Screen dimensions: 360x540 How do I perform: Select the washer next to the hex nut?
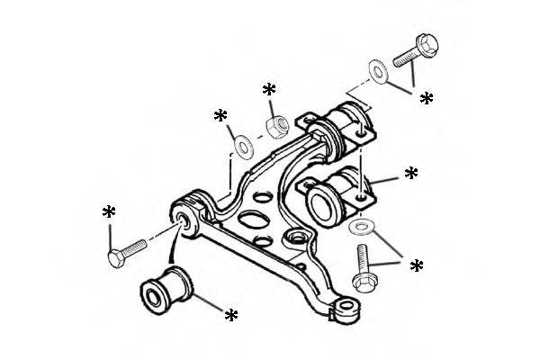pyautogui.click(x=241, y=145)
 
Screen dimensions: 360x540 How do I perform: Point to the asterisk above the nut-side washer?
pyautogui.click(x=221, y=117)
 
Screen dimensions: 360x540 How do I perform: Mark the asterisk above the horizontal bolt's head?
pyautogui.click(x=109, y=213)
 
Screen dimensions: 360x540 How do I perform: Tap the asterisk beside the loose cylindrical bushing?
pyautogui.click(x=231, y=315)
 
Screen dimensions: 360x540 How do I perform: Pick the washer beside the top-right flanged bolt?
pyautogui.click(x=377, y=68)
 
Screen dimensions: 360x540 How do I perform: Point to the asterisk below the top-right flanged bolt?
pyautogui.click(x=427, y=98)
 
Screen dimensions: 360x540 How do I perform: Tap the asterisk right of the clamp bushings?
pyautogui.click(x=411, y=173)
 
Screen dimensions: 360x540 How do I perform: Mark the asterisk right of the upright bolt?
pyautogui.click(x=417, y=266)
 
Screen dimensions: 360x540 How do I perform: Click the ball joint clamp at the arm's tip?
pyautogui.click(x=344, y=310)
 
